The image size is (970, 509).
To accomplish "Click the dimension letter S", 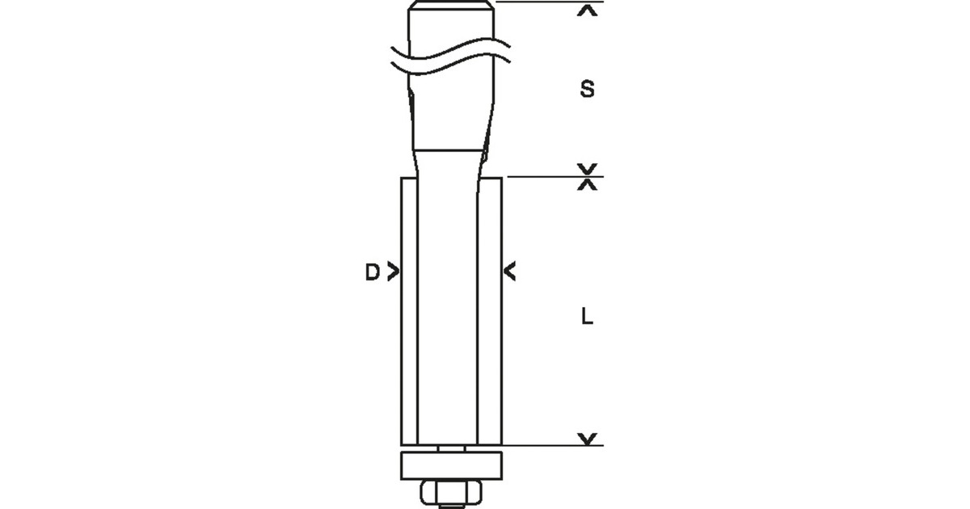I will [x=588, y=90].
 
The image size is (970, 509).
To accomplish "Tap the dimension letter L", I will [x=588, y=318].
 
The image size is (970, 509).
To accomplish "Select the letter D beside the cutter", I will [x=371, y=273].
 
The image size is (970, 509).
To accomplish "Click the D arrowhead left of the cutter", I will [x=393, y=272].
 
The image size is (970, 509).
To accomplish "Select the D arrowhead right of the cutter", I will [x=510, y=272].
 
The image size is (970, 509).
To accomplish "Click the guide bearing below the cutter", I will [x=452, y=466].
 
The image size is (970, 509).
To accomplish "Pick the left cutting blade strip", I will [x=410, y=311].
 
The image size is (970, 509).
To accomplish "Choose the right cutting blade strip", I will [x=492, y=311].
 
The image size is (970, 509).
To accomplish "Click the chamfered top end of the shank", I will [x=452, y=8].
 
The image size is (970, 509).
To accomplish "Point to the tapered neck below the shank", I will [x=450, y=166].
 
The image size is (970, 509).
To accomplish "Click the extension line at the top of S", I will [x=533, y=3].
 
